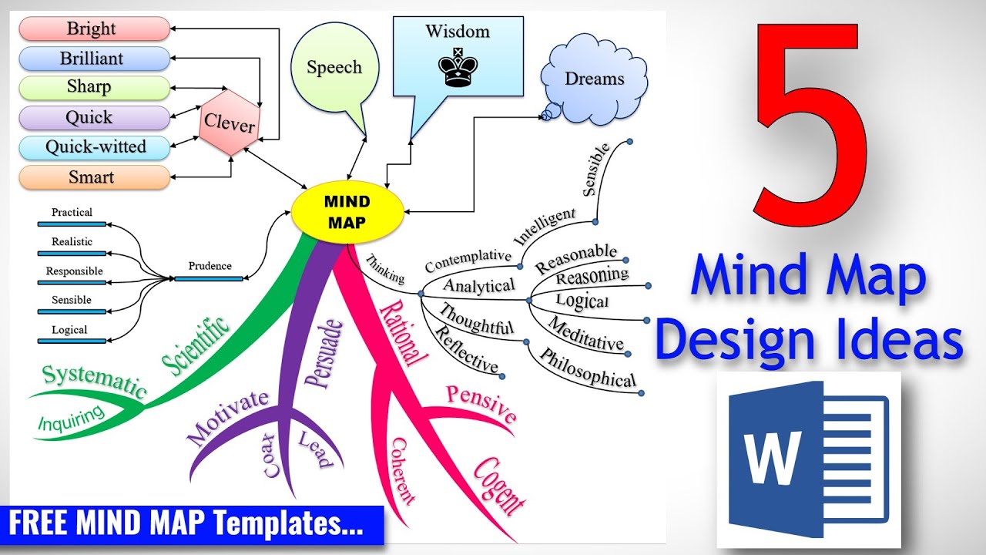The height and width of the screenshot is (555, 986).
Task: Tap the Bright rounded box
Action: click(x=93, y=29)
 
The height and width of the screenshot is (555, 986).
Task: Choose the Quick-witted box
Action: click(x=93, y=147)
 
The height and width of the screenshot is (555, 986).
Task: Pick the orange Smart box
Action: click(x=93, y=177)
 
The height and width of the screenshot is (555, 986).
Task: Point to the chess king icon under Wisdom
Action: click(x=458, y=68)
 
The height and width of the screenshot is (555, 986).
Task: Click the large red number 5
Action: click(x=807, y=123)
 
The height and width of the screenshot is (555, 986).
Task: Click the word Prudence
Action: click(x=210, y=266)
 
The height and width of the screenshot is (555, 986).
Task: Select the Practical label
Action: click(x=72, y=212)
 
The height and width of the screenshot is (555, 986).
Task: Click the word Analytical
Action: click(x=479, y=285)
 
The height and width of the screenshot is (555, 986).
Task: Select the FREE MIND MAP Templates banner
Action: click(x=192, y=524)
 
